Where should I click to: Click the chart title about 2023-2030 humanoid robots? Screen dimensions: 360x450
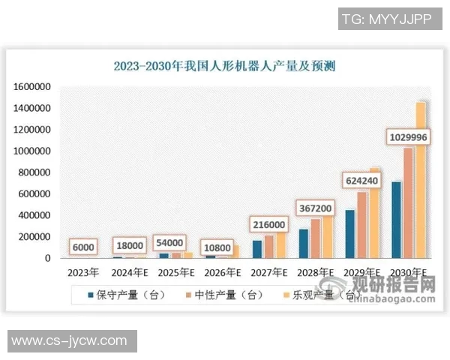click(224, 66)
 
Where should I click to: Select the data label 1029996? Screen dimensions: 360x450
click(409, 136)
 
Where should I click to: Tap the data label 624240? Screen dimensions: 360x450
click(362, 180)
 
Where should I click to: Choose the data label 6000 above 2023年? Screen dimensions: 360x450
click(83, 247)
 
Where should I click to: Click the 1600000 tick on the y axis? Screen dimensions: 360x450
click(31, 87)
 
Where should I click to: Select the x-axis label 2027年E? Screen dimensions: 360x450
click(269, 271)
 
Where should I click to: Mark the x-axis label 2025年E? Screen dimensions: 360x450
click(175, 271)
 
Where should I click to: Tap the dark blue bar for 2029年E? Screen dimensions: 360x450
click(349, 233)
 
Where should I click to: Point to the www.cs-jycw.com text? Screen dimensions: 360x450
click(69, 340)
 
